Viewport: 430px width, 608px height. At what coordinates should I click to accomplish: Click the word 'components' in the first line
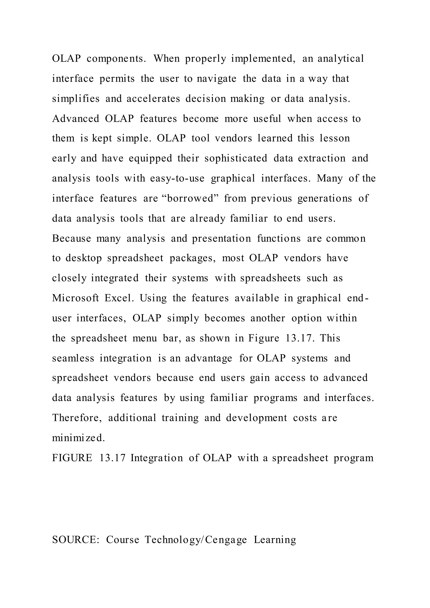click(x=116, y=59)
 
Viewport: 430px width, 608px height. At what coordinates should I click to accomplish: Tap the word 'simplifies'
click(x=76, y=99)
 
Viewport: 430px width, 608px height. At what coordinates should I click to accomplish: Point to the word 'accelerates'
click(x=153, y=99)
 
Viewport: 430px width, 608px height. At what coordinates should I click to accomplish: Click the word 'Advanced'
click(x=75, y=119)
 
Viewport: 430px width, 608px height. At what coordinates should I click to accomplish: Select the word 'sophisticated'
click(x=236, y=158)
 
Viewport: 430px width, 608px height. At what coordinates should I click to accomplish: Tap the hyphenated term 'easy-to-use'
click(x=177, y=178)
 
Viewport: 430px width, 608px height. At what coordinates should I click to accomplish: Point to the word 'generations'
click(x=325, y=198)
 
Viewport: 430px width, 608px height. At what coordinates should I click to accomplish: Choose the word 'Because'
click(x=71, y=238)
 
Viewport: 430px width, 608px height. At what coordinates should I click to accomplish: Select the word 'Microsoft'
click(x=75, y=298)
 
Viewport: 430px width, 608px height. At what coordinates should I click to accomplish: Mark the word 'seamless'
click(x=73, y=358)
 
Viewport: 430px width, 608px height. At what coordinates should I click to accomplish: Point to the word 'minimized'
click(x=78, y=438)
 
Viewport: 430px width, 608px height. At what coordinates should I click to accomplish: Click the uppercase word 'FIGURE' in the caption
click(x=72, y=458)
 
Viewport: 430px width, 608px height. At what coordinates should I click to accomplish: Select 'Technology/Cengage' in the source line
click(x=196, y=540)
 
